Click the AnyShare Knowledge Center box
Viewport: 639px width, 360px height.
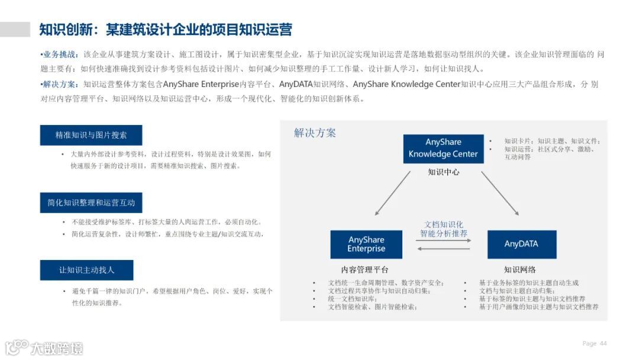[x=443, y=148]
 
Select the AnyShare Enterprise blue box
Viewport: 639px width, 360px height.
[x=366, y=245]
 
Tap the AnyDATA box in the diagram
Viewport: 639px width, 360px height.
[x=521, y=244]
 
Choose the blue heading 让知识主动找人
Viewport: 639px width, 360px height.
[x=86, y=270]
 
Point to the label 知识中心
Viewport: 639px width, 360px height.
[x=443, y=172]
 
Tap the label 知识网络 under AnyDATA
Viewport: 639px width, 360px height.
[x=520, y=269]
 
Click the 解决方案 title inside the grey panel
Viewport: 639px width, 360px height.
[x=315, y=133]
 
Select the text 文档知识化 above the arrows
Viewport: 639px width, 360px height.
[x=444, y=224]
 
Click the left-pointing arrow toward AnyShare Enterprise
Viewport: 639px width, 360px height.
[x=444, y=249]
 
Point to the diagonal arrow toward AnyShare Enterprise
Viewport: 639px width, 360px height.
[x=393, y=192]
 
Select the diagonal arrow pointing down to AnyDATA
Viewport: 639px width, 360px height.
[x=501, y=193]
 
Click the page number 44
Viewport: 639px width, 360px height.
[x=603, y=343]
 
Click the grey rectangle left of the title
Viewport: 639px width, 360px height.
[x=15, y=30]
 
